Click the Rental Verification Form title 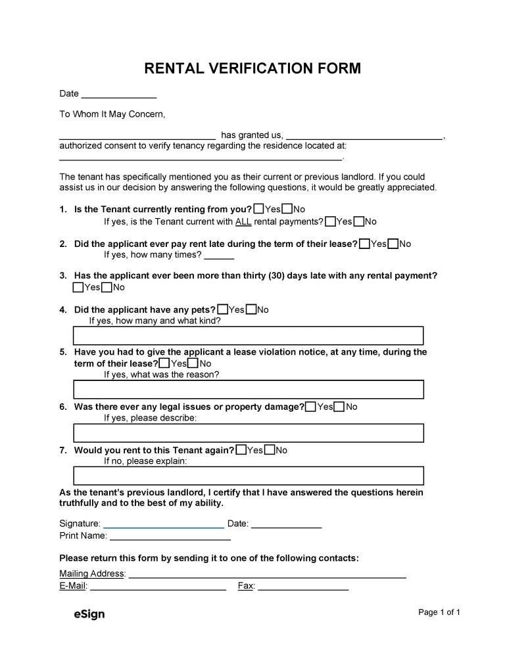click(252, 68)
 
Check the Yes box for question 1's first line click(258, 209)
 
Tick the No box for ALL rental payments click(359, 221)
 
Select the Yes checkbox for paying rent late click(365, 244)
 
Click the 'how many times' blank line click(219, 256)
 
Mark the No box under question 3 click(107, 287)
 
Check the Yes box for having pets click(223, 309)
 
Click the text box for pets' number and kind click(248, 336)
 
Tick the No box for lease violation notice click(193, 363)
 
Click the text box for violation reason click(248, 390)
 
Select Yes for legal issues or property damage click(311, 407)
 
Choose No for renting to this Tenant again click(270, 450)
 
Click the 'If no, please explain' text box click(248, 476)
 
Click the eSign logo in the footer click(89, 614)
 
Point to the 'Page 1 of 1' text click(439, 612)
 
